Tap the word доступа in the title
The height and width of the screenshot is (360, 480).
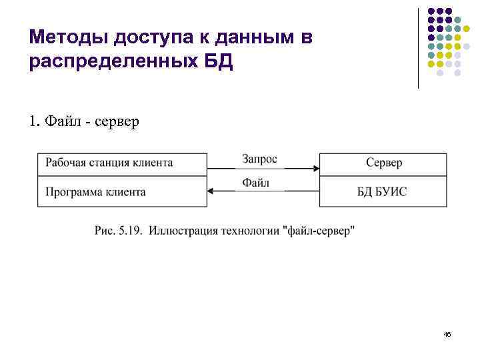tap(141, 37)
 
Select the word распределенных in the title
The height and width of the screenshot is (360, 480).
tap(113, 63)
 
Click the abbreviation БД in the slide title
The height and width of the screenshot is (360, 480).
tap(219, 63)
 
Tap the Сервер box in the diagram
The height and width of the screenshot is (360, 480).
tap(384, 162)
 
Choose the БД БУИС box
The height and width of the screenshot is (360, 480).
tap(384, 192)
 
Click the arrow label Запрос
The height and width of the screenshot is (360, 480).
tap(259, 159)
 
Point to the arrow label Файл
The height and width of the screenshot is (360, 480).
tap(256, 183)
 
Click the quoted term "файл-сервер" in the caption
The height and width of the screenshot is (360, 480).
tap(319, 231)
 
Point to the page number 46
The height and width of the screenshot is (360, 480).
tap(447, 333)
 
